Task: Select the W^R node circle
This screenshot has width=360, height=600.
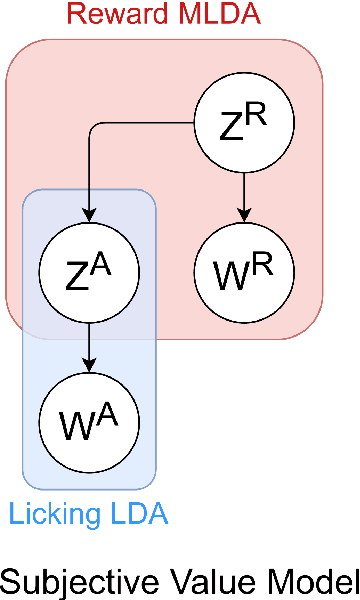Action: click(242, 271)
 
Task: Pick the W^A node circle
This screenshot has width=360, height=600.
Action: click(89, 419)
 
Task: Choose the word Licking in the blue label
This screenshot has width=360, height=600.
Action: click(50, 516)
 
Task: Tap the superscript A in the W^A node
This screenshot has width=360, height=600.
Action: click(106, 409)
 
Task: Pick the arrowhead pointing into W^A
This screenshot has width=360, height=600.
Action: click(89, 364)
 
